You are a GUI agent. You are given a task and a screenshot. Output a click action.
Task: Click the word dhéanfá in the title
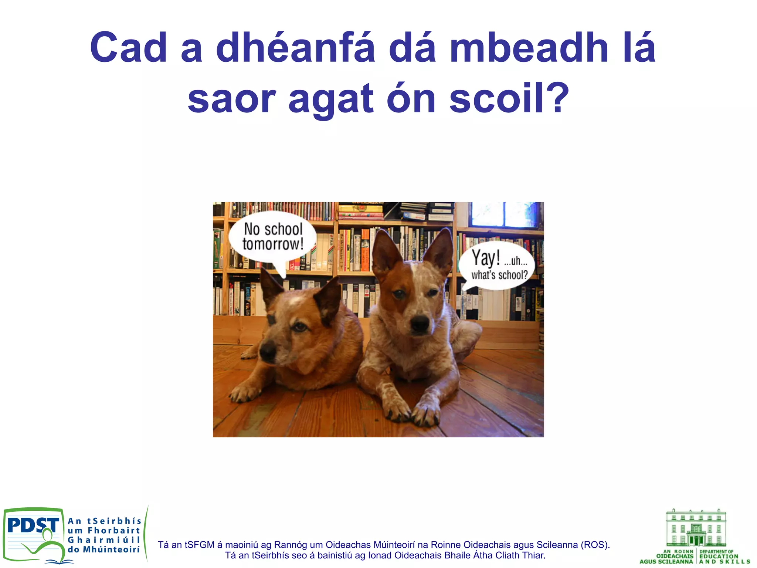click(295, 48)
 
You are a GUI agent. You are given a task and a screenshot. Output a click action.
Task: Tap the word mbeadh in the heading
click(529, 48)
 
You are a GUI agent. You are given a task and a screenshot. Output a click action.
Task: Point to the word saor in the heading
click(231, 98)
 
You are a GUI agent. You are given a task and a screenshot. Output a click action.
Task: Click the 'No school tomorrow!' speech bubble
click(273, 237)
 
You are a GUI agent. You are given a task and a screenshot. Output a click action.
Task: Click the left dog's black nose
click(267, 351)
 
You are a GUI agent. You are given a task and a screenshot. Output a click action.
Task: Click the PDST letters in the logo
click(33, 525)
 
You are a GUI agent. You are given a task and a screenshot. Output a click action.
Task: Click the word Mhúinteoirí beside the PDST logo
click(111, 550)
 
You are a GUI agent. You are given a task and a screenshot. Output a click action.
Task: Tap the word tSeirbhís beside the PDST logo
click(114, 521)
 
